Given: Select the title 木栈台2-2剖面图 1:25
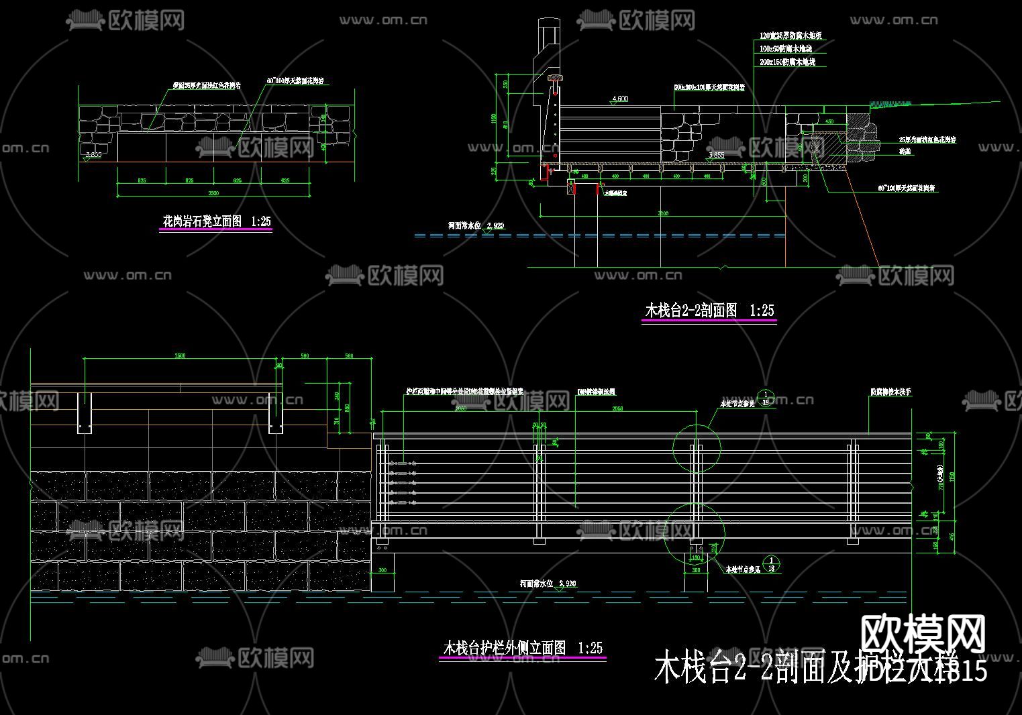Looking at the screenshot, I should [709, 311].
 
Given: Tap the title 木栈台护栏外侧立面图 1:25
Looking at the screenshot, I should [522, 648].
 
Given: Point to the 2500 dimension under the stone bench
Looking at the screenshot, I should [213, 193].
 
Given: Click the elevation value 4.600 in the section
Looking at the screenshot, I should [619, 99].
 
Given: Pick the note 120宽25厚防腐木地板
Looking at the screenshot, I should [790, 36].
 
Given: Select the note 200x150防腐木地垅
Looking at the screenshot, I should [787, 62].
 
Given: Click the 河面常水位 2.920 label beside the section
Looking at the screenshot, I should [476, 226].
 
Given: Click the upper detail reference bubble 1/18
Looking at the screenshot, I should [766, 398].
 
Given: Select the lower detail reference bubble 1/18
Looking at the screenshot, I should [772, 564].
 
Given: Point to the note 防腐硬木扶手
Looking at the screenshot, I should [890, 392].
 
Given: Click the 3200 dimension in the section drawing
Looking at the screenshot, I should [662, 214].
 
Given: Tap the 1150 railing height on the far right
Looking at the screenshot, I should [952, 476].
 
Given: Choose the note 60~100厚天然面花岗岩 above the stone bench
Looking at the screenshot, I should [295, 81].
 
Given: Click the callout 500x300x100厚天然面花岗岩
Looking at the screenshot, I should [709, 88].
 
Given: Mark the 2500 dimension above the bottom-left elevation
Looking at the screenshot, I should [180, 355].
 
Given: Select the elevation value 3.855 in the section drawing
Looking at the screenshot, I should [717, 156].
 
